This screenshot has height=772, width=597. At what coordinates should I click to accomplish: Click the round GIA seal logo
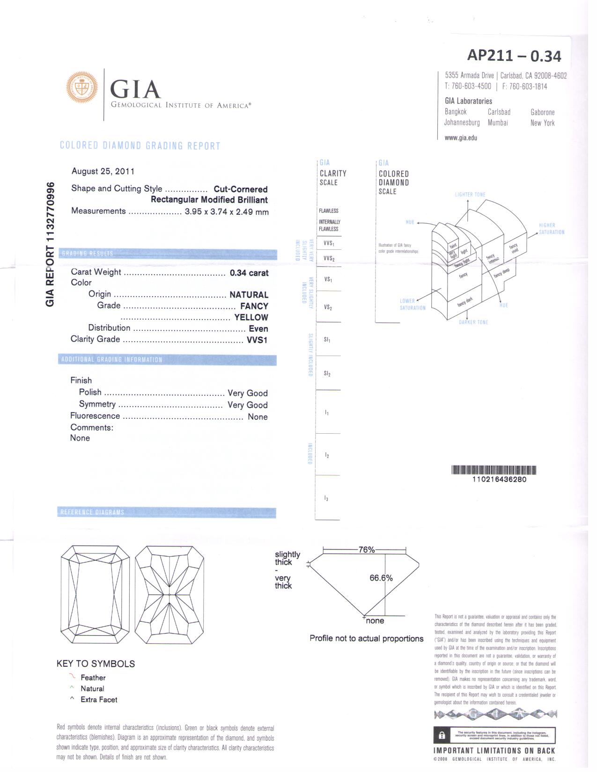point(82,87)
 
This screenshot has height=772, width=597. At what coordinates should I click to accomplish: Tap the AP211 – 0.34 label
point(514,56)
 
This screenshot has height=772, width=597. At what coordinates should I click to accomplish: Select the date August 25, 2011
point(103,171)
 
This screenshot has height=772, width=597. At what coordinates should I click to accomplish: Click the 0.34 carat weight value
point(249,273)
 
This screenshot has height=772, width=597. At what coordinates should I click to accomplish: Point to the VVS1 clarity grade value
point(257,340)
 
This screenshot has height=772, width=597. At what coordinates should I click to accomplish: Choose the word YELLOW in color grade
point(251,317)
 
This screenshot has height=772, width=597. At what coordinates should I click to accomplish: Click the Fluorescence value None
point(258,417)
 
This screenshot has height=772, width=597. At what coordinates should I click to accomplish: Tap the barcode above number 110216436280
point(494,470)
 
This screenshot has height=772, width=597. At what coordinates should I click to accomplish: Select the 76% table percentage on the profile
point(367,550)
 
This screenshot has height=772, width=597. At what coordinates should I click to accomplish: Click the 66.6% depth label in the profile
point(381,578)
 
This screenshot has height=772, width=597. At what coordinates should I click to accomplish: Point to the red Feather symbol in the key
point(72,677)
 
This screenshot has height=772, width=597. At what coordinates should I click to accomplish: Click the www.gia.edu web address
point(461,138)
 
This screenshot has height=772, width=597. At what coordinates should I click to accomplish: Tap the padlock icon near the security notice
point(442,736)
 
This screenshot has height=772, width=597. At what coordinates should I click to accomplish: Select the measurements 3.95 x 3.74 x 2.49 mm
point(227,211)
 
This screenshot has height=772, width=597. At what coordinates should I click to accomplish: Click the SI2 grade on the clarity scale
point(327,373)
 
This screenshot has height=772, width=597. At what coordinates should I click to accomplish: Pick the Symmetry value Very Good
point(247,405)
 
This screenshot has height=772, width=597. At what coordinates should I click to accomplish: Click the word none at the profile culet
point(375,621)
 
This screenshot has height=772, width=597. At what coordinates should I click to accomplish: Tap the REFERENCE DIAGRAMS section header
point(92,512)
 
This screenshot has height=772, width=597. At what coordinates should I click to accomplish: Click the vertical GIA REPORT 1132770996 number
point(50,244)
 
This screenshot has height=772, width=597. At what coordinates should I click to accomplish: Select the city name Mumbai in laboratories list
point(498,123)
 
